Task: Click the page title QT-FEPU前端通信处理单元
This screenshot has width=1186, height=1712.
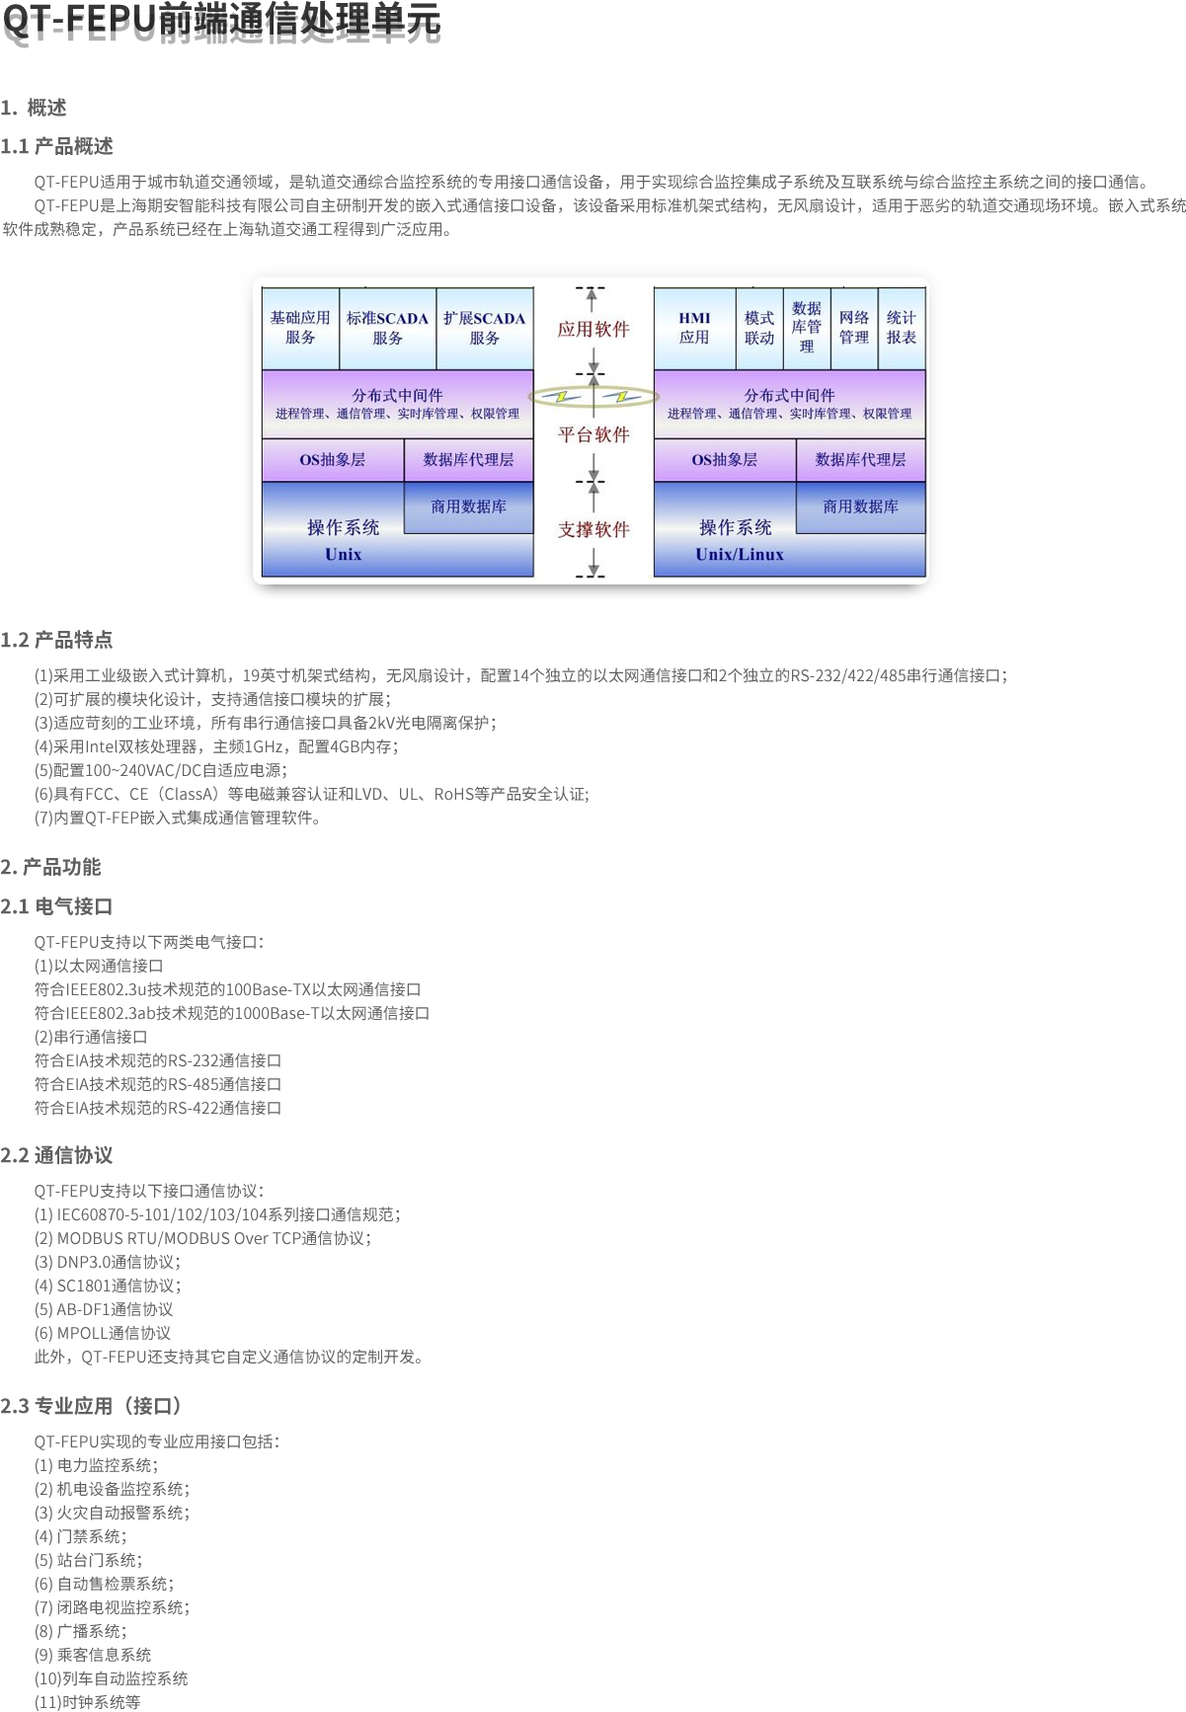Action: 220,20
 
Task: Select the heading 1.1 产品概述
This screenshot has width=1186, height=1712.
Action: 57,146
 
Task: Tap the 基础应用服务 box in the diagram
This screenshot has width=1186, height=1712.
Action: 300,328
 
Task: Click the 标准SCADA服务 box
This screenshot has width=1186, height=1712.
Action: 387,328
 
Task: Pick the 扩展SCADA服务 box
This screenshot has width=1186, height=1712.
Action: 484,328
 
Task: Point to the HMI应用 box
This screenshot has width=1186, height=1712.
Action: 694,328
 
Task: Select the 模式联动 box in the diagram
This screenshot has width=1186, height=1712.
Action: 758,328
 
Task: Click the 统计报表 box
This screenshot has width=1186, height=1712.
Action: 901,328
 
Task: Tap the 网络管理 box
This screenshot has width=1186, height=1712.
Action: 853,328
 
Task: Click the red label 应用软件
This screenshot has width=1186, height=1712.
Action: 593,330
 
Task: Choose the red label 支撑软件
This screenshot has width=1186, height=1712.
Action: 593,530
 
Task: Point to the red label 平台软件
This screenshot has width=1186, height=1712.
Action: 593,434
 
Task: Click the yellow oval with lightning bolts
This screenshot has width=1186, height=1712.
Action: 593,397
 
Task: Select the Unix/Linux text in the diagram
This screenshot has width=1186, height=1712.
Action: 739,555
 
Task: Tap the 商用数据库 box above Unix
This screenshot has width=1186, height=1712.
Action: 468,506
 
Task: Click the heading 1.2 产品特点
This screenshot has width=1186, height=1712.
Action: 56,640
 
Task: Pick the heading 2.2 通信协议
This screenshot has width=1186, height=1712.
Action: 56,1155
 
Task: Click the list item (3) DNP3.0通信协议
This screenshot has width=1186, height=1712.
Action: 108,1262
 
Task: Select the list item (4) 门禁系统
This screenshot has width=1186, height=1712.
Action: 80,1536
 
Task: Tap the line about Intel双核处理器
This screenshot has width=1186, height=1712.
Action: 216,746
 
